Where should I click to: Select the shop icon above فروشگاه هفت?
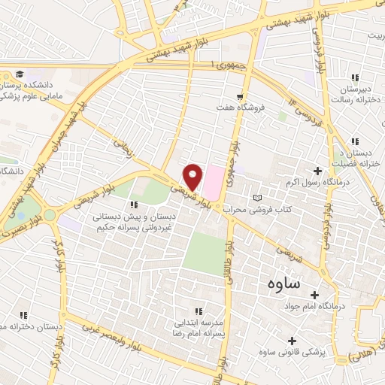(239, 96)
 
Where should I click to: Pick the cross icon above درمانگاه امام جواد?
(314, 294)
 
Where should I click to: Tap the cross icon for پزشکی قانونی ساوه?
(292, 341)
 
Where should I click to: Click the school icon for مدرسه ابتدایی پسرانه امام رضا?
(199, 310)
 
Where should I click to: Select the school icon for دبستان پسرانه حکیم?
(135, 204)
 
